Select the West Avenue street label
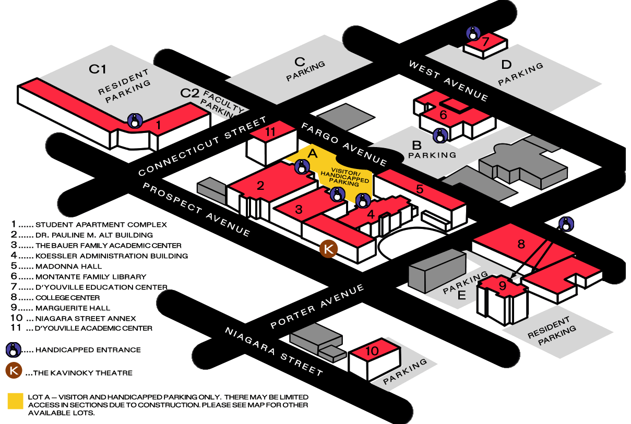coord(448,81)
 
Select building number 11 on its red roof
coord(270,131)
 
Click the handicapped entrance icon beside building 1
coord(134,121)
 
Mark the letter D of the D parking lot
coord(506,65)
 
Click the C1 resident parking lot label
coord(98,68)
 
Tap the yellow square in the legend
coord(16,401)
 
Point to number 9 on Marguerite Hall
coord(503,285)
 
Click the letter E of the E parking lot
coord(461,296)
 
